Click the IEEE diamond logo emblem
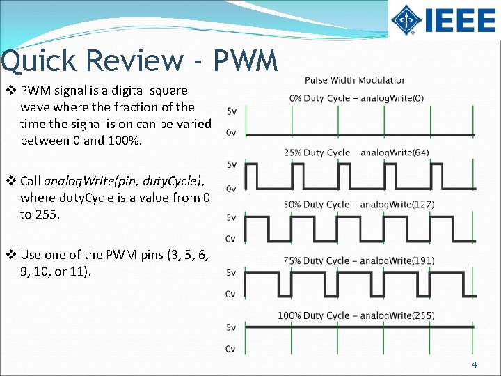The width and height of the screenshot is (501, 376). point(405,20)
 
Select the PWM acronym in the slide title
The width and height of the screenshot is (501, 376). point(246,61)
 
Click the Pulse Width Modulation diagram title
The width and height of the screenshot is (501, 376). point(356,81)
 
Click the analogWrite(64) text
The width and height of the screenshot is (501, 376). point(395,152)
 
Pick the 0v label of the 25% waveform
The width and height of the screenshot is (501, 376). point(230,189)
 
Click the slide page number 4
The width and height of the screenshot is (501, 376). point(474,365)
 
